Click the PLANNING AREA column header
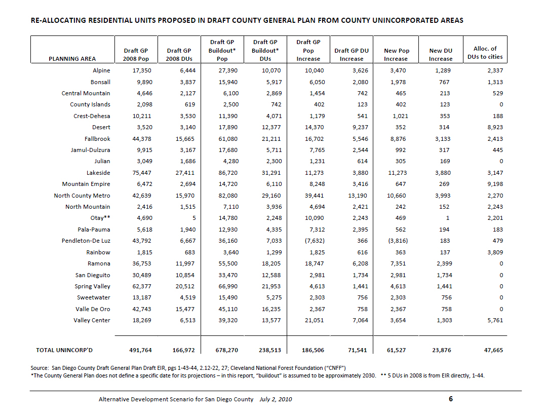[x=72, y=59]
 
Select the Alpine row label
[x=101, y=70]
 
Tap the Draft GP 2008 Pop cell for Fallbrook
[x=142, y=139]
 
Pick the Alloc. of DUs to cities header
[x=485, y=53]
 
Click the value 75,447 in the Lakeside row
[x=142, y=173]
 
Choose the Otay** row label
[x=100, y=218]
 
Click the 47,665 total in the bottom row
[x=493, y=350]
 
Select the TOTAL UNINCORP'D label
[x=64, y=350]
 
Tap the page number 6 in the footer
[x=451, y=399]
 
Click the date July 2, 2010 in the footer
[x=276, y=399]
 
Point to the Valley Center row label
[x=92, y=320]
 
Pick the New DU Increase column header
[x=441, y=55]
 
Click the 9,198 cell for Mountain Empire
[x=495, y=184]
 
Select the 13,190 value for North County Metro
[x=358, y=196]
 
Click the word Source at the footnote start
[x=40, y=368]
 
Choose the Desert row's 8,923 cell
[x=495, y=127]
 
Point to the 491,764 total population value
[x=140, y=350]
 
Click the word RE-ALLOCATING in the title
[x=59, y=20]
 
